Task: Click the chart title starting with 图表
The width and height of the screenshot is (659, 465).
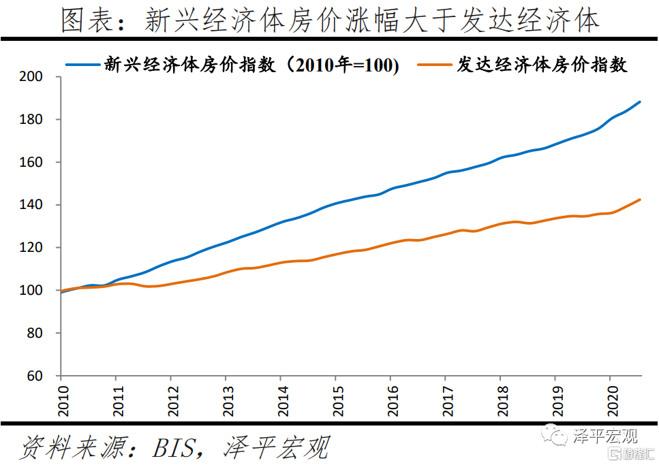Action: [329, 20]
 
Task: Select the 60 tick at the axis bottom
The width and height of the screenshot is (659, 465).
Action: [36, 376]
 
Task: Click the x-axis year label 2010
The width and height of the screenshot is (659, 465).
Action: [61, 398]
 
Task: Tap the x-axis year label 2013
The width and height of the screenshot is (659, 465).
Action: [226, 398]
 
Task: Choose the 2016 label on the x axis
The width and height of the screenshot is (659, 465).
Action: [390, 398]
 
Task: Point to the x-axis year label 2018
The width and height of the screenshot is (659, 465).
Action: [500, 398]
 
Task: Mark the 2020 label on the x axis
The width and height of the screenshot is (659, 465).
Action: [610, 398]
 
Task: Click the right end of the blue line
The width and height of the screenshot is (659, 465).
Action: [641, 102]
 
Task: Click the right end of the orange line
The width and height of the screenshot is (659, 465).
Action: [641, 199]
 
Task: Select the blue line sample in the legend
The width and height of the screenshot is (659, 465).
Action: [82, 65]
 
